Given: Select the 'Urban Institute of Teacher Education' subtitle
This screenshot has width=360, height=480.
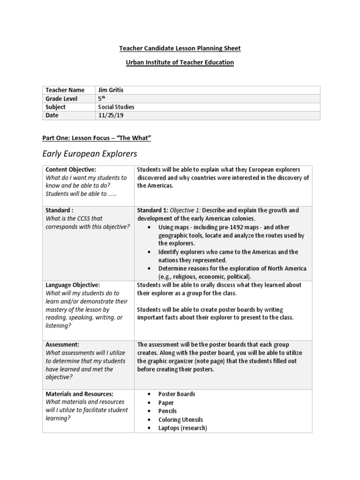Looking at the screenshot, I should tap(180, 62).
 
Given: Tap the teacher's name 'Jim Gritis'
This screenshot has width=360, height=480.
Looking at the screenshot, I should tap(111, 90).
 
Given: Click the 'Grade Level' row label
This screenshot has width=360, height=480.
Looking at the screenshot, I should tap(61, 98).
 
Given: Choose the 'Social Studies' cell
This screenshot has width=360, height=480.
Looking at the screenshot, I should tap(116, 107).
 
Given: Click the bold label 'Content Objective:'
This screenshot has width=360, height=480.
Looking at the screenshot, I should tap(71, 169).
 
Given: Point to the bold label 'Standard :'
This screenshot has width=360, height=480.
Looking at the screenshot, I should tap(60, 210).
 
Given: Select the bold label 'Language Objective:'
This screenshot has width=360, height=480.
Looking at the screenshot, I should tap(73, 285).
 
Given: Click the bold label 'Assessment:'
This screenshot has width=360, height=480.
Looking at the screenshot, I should tap(62, 344).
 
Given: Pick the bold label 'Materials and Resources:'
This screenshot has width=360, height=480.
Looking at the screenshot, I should tap(79, 394).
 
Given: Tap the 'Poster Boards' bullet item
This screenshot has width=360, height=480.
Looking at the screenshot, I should tap(177, 394).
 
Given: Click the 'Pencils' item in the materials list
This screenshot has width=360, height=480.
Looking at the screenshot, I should tap(168, 411).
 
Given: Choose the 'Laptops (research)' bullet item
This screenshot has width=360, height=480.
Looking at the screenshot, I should tap(183, 428).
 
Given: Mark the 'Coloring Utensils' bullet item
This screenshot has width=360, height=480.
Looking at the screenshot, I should tap(180, 420).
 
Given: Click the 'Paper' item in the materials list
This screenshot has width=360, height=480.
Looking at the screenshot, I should tap(166, 403).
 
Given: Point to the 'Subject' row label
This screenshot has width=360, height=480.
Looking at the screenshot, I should tap(56, 107).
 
